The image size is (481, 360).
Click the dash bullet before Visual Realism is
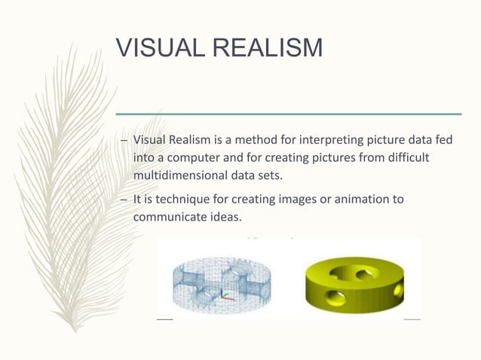pos(124,141)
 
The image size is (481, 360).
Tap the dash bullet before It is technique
pos(124,200)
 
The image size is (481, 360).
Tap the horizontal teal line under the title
pos(287,114)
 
